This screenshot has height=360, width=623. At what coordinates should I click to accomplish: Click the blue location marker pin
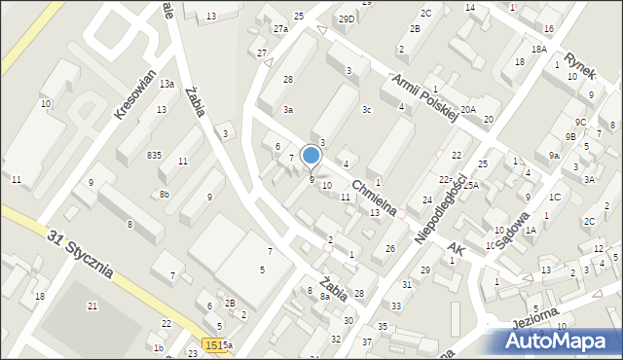point(311,156)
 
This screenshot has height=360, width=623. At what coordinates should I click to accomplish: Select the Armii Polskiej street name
point(422,97)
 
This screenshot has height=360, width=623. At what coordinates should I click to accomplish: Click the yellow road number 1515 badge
point(215,344)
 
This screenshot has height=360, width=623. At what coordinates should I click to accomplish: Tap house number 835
point(154,156)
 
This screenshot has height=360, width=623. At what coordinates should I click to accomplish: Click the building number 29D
point(347,18)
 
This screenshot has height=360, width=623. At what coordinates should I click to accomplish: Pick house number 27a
point(280,29)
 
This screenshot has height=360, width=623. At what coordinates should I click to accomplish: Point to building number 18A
point(538,49)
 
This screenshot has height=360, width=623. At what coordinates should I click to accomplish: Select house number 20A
point(468,109)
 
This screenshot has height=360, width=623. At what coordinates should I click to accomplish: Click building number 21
point(92,306)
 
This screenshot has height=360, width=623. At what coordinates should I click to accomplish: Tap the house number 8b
point(165,195)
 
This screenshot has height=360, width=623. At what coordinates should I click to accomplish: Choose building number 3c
point(366,110)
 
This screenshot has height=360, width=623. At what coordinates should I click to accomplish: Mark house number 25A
point(471,185)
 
